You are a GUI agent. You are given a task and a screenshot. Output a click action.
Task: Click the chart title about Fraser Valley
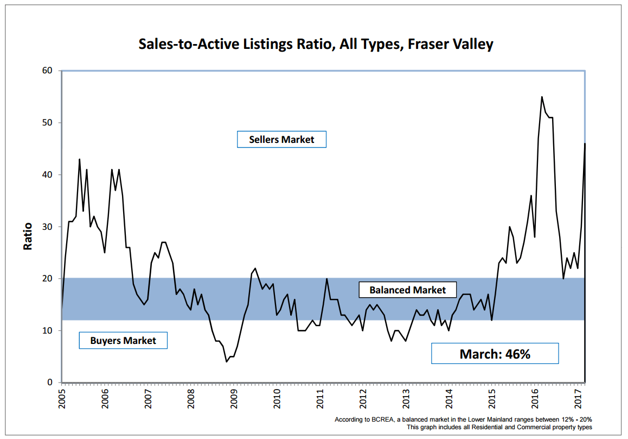click(316, 44)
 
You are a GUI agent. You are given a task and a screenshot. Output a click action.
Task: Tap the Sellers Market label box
click(281, 139)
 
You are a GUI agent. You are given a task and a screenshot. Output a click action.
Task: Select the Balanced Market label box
click(408, 290)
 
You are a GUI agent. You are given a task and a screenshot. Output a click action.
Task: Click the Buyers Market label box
click(123, 341)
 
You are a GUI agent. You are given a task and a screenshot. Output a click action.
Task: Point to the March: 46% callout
click(495, 354)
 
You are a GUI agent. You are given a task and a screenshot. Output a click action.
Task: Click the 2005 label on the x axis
click(62, 398)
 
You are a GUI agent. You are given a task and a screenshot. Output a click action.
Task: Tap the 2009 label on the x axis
click(234, 398)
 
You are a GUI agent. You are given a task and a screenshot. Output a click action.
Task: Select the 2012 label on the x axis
click(363, 398)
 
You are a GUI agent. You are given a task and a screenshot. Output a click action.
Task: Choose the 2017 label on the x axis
click(578, 398)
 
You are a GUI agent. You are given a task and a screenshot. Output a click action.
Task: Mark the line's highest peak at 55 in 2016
click(542, 97)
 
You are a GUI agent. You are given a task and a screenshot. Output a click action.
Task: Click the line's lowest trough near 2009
click(227, 361)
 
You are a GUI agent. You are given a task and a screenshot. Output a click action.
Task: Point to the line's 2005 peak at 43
click(80, 159)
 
